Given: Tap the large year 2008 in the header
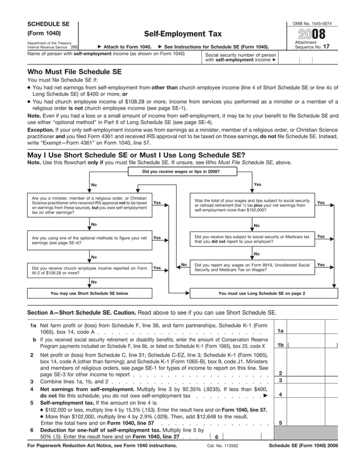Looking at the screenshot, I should pyautogui.click(x=313, y=33).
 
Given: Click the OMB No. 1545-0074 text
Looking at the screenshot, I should pyautogui.click(x=313, y=22).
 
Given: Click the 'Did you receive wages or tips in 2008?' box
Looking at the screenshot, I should pyautogui.click(x=181, y=171).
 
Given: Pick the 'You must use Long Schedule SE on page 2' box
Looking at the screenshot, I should pyautogui.click(x=261, y=293).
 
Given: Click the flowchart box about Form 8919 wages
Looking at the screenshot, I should pyautogui.click(x=252, y=267).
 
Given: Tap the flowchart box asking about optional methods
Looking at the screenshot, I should pyautogui.click(x=89, y=240).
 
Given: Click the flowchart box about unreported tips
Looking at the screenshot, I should pyautogui.click(x=252, y=240).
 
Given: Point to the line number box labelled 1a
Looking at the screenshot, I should pyautogui.click(x=280, y=331).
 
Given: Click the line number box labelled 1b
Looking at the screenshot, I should pyautogui.click(x=280, y=345).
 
